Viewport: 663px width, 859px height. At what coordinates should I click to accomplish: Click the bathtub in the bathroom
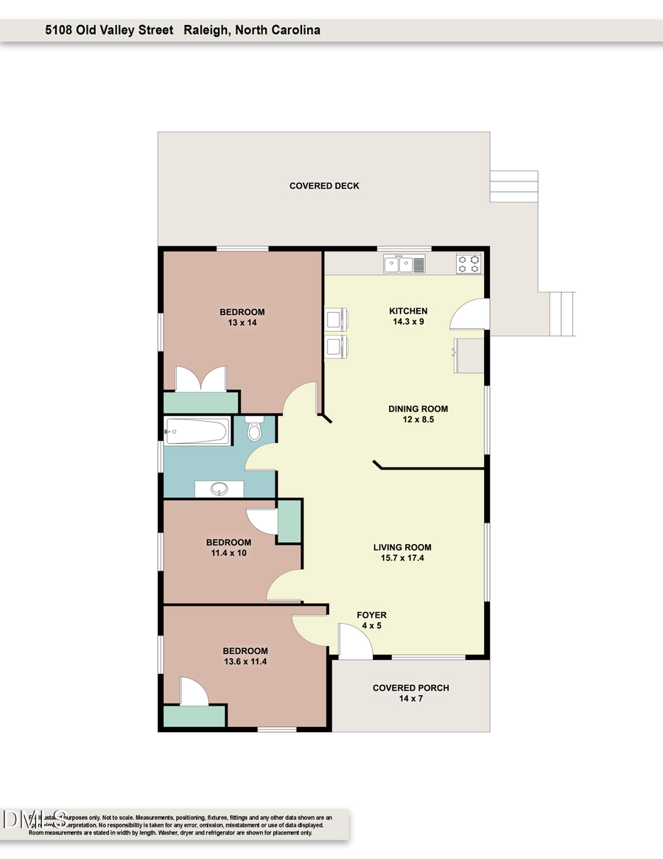click(x=197, y=431)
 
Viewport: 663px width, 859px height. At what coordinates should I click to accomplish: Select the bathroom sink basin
click(x=219, y=488)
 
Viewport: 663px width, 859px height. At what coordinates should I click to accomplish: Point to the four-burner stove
click(x=469, y=264)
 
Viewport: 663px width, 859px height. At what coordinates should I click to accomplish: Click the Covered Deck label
click(x=324, y=186)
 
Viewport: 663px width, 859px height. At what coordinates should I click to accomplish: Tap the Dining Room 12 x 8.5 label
click(x=418, y=414)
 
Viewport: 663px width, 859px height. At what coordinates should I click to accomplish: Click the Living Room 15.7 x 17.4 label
click(x=401, y=553)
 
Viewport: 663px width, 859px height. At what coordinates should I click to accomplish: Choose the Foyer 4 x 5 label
click(x=371, y=620)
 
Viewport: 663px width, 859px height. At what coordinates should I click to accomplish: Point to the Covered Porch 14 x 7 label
click(x=410, y=693)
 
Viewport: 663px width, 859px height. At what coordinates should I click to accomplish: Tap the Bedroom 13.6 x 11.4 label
click(x=245, y=656)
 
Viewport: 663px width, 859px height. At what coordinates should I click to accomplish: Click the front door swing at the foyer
click(x=354, y=641)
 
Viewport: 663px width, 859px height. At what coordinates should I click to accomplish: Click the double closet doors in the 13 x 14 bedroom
click(x=200, y=379)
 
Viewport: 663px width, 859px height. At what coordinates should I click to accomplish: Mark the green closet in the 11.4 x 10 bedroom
click(x=288, y=521)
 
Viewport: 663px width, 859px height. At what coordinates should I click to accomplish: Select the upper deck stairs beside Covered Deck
click(x=513, y=186)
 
